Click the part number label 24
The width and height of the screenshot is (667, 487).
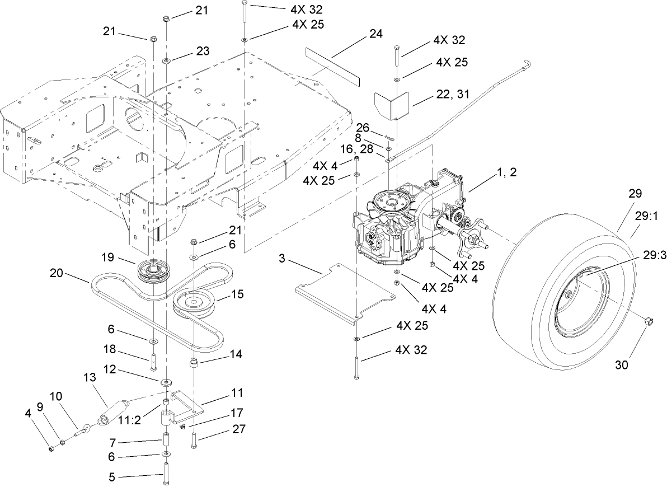(376, 34)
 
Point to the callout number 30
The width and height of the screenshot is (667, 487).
(622, 365)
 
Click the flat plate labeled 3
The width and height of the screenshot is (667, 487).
(341, 291)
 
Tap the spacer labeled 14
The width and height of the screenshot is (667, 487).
(194, 363)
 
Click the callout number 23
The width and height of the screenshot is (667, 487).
(202, 51)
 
